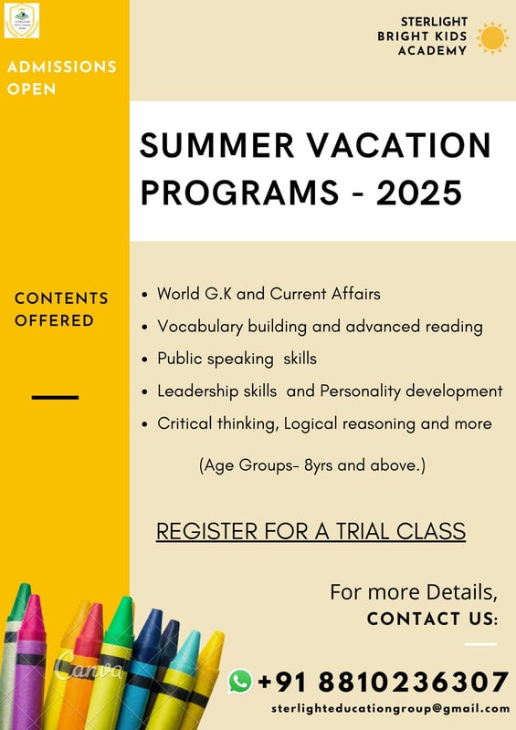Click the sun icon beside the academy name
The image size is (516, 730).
[492, 37]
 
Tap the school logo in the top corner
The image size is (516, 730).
[22, 20]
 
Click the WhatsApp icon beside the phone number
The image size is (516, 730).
[240, 680]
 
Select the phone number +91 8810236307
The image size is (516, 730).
[383, 682]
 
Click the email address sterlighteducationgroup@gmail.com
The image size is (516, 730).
[390, 708]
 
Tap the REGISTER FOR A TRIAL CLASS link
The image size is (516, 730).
[311, 531]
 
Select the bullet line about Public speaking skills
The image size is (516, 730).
[237, 359]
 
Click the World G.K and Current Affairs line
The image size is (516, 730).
[269, 294]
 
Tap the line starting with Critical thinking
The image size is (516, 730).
[324, 423]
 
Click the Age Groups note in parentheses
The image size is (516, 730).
[312, 465]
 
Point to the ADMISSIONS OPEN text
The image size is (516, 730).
[61, 78]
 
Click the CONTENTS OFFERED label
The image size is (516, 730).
[61, 309]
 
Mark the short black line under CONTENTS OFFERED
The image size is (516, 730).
[55, 397]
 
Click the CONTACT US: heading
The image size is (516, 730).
[432, 620]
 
